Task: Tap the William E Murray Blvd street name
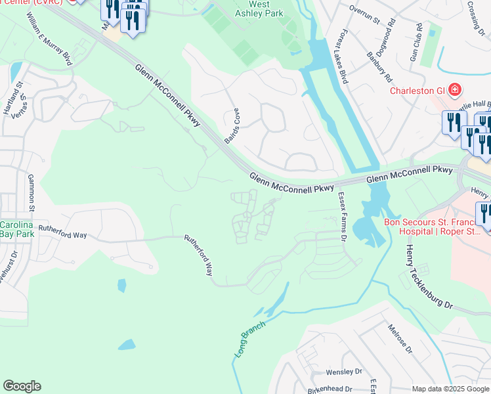[x=49, y=38]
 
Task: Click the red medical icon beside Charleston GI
[x=454, y=90]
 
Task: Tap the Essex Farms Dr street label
[x=341, y=217]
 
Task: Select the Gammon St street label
[x=30, y=189]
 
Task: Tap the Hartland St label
[x=10, y=98]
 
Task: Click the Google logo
[x=22, y=386]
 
